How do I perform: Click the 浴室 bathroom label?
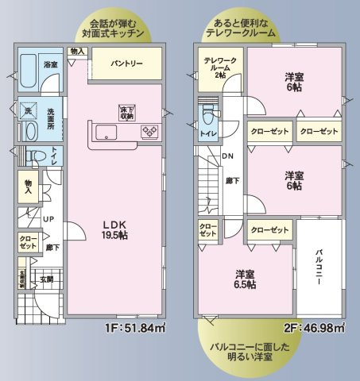pyautogui.click(x=50, y=63)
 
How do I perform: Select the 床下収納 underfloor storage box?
pyautogui.click(x=127, y=112)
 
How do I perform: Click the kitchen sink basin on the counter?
pyautogui.click(x=105, y=132)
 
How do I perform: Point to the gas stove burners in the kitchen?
pyautogui.click(x=148, y=133)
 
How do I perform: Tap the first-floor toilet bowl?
pyautogui.click(x=32, y=156)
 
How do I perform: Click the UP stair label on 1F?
pyautogui.click(x=48, y=218)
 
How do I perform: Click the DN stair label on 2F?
pyautogui.click(x=227, y=156)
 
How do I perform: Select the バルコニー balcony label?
pyautogui.click(x=319, y=270)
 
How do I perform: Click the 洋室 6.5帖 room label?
pyautogui.click(x=245, y=279)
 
